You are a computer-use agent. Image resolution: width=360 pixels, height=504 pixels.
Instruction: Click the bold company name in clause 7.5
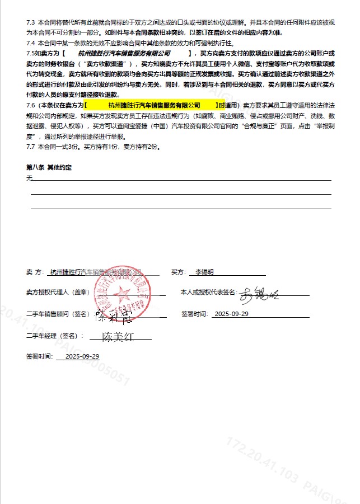124,53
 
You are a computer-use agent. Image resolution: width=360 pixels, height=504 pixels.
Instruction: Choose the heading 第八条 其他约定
49,167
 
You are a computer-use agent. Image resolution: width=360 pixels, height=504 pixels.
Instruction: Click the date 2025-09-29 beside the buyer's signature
231,314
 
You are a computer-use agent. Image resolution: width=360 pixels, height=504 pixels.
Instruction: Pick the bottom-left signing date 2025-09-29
82,356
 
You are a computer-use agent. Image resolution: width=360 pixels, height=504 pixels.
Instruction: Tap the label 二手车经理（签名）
54,336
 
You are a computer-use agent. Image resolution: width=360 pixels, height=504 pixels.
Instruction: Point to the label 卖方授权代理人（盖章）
58,292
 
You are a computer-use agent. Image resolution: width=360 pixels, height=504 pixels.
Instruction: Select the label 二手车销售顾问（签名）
58,314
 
